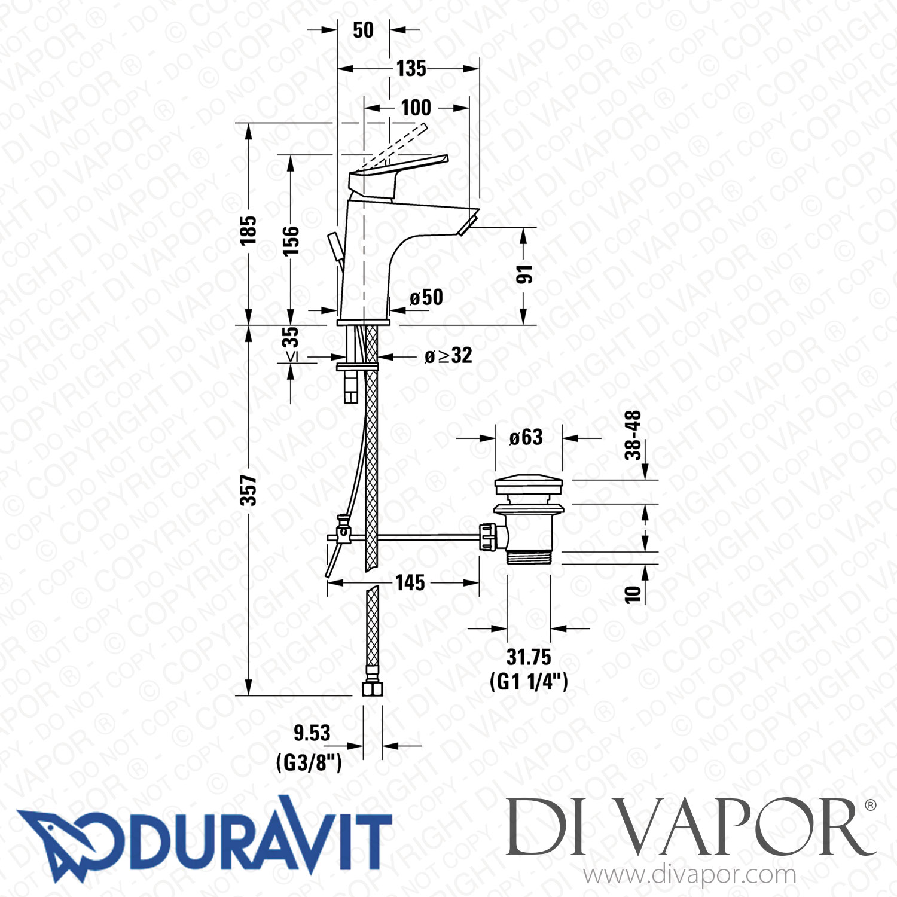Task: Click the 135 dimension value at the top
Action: click(411, 69)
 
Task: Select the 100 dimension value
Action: click(416, 108)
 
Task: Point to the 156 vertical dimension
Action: click(291, 240)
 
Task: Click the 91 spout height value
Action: click(524, 275)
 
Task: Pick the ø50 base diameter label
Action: click(426, 297)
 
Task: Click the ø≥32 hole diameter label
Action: click(448, 356)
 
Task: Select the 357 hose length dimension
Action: click(248, 490)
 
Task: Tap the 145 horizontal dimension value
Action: click(410, 582)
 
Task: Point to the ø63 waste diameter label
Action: click(526, 437)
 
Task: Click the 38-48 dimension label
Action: click(633, 435)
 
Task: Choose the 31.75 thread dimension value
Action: click(529, 657)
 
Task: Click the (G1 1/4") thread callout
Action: click(529, 681)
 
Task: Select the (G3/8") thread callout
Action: click(309, 762)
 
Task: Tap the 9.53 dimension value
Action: click(312, 733)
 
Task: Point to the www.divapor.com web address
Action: click(689, 875)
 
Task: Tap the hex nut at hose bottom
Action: click(373, 689)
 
